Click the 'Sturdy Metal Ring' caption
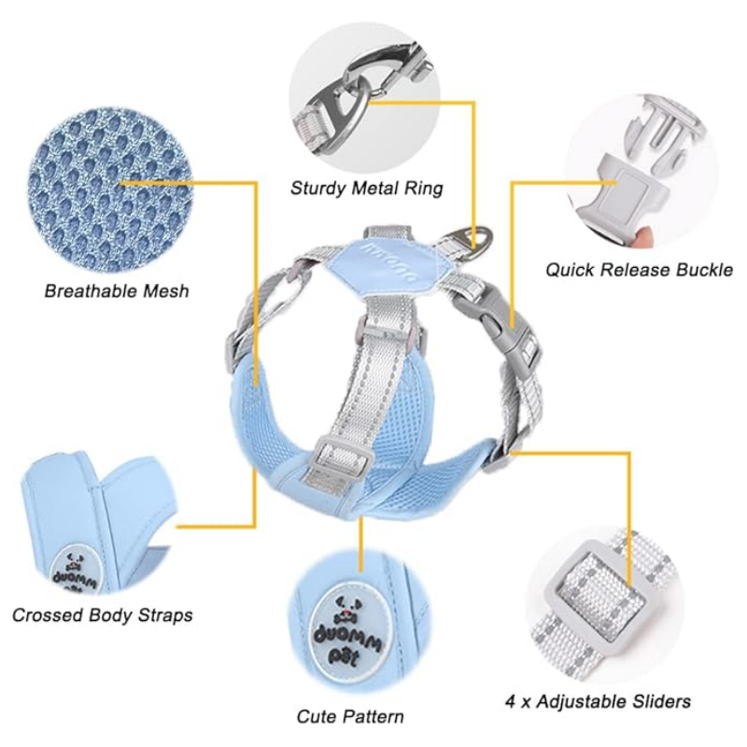click(x=366, y=188)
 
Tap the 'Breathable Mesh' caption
click(x=117, y=290)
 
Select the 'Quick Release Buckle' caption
click(x=639, y=270)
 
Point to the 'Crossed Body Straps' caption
click(x=103, y=615)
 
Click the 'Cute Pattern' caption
click(x=350, y=716)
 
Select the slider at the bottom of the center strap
click(x=346, y=458)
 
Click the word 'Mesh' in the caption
click(x=162, y=290)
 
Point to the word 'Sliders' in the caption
click(x=658, y=700)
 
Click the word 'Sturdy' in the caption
click(x=317, y=188)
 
